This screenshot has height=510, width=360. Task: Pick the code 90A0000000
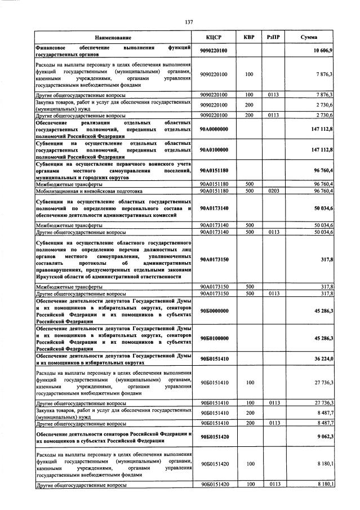coord(214,129)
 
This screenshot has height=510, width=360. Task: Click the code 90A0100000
coord(214,150)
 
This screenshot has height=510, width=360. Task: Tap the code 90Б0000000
coord(214,311)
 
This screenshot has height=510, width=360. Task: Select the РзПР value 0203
coord(274,191)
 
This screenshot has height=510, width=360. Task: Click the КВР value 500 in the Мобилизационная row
coord(248,191)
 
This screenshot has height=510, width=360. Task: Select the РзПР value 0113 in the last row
coord(274,484)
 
